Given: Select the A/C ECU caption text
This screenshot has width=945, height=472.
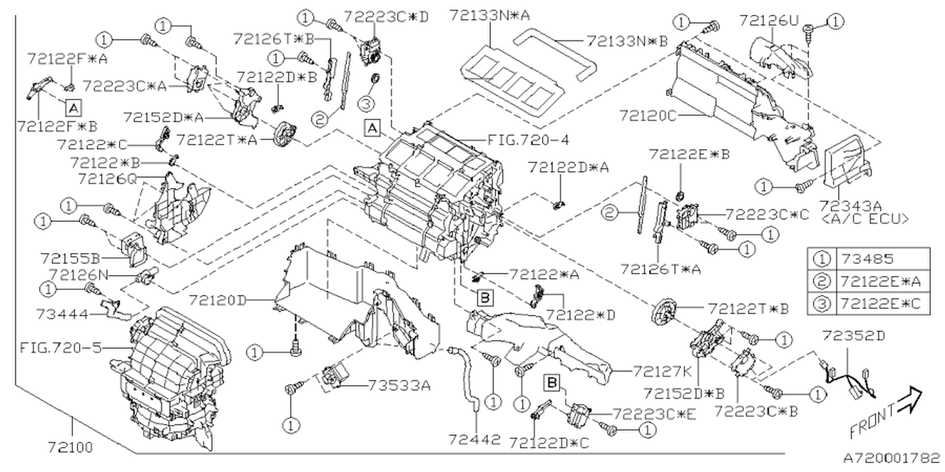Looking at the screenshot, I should (864, 218).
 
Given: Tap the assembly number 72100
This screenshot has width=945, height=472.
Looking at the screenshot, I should (72, 446).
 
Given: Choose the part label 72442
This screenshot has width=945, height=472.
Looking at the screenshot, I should (474, 440).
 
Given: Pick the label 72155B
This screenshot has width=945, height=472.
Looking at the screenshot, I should (71, 258).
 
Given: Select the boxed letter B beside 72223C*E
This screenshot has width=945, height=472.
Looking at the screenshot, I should (551, 381).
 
